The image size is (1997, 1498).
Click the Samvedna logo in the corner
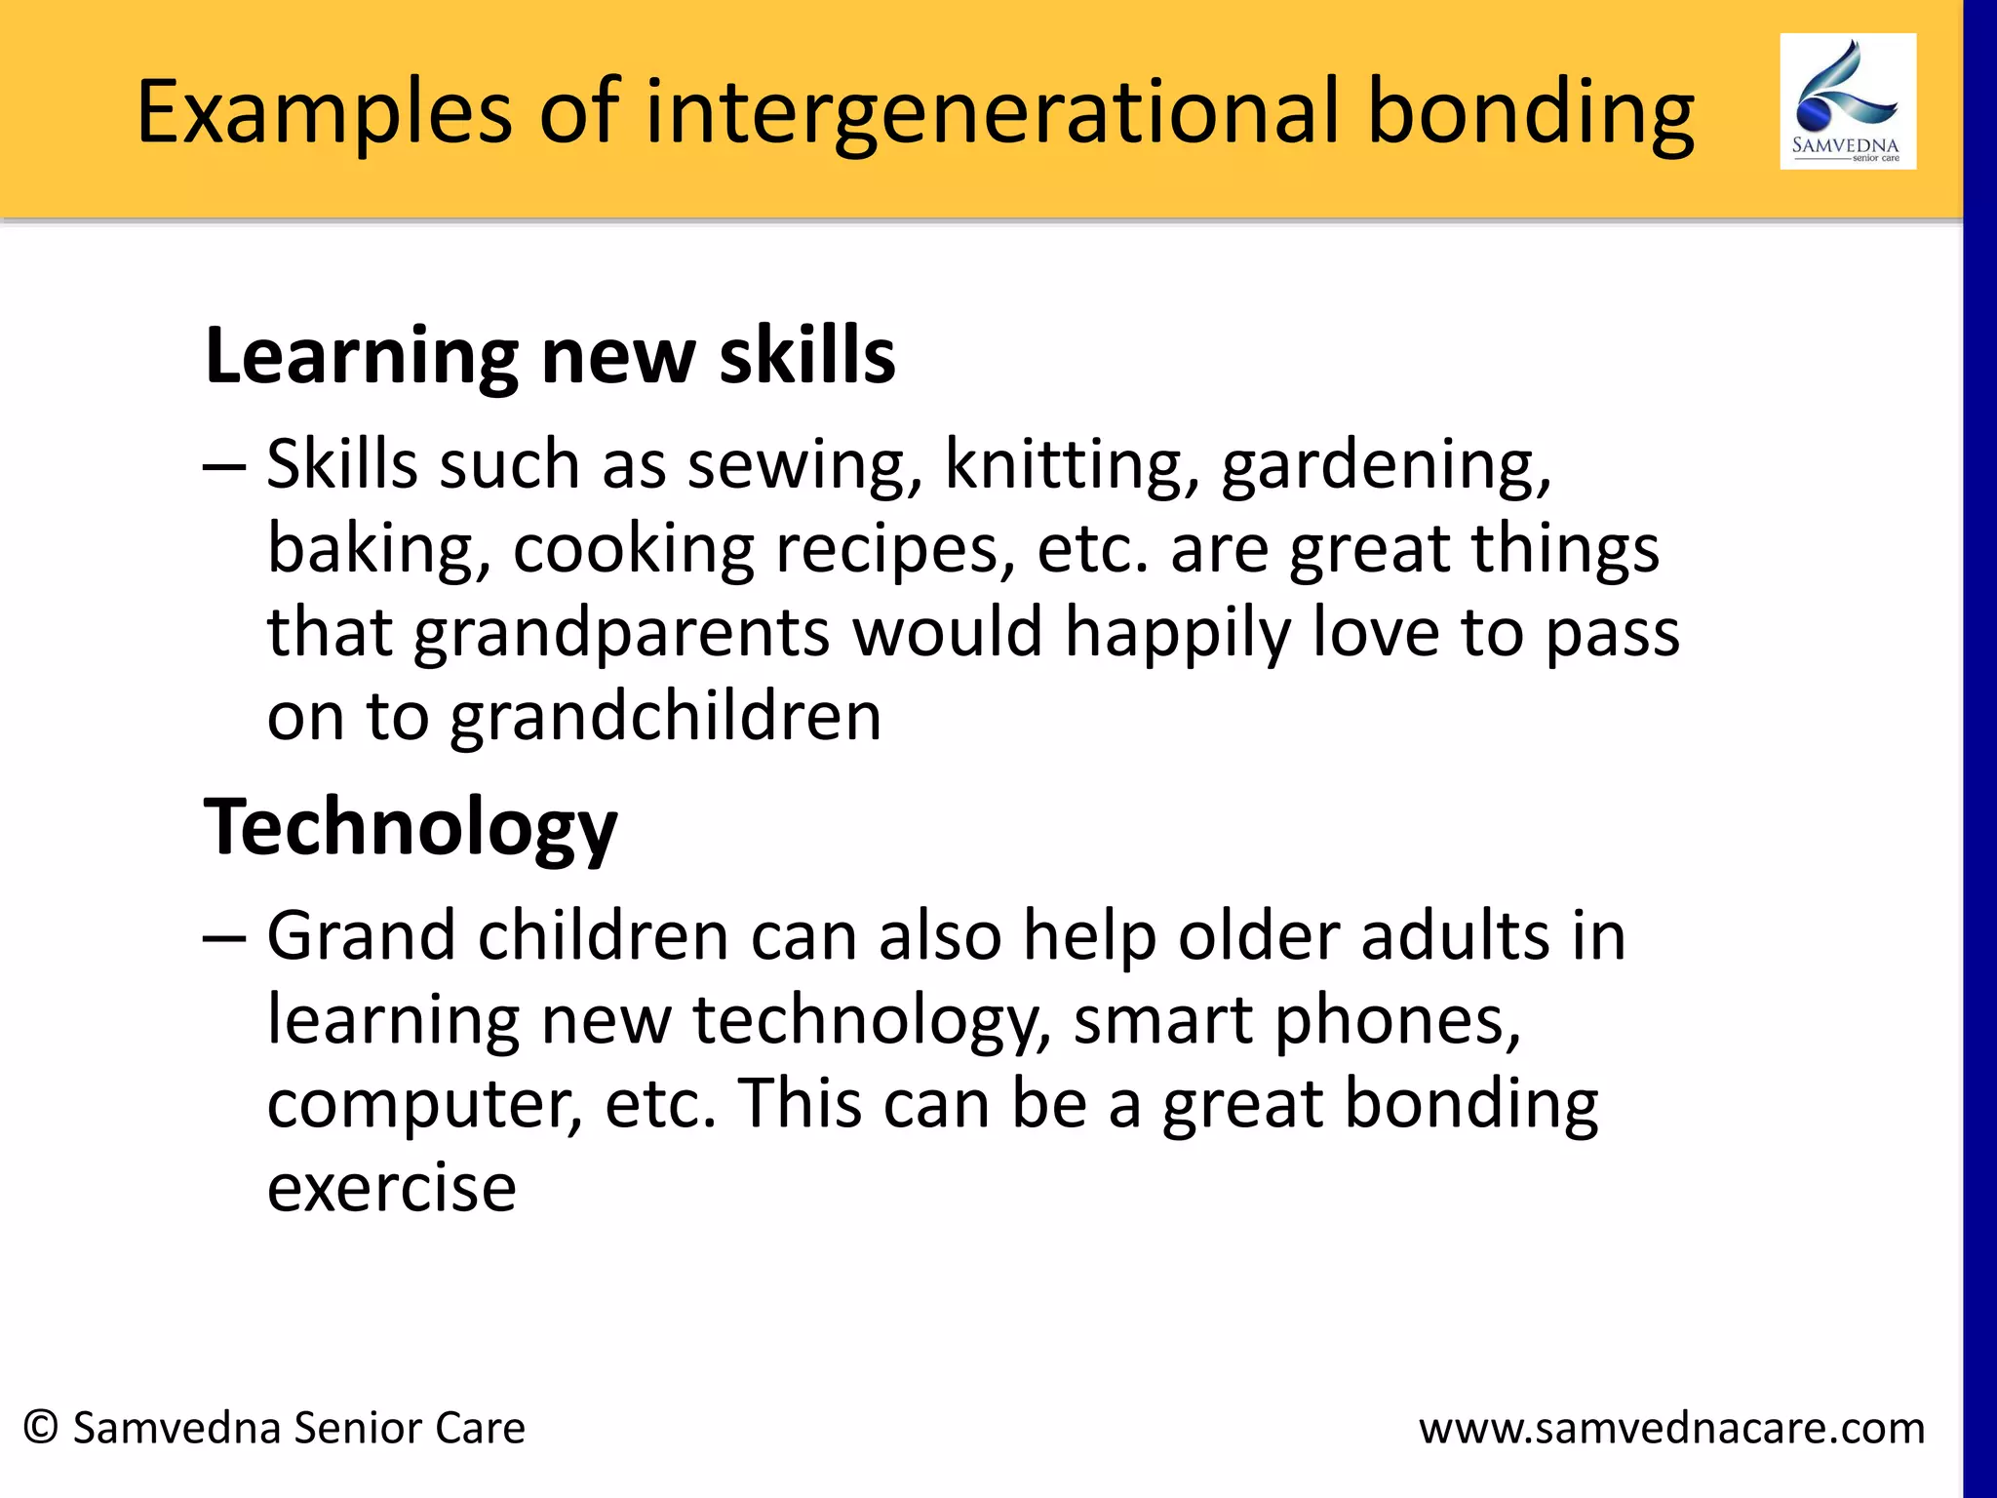pyautogui.click(x=1847, y=101)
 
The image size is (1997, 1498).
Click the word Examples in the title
pyautogui.click(x=324, y=113)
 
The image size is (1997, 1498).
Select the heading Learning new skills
pyautogui.click(x=549, y=356)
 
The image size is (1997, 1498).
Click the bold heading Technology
pyautogui.click(x=410, y=827)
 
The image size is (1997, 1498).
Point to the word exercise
pyautogui.click(x=391, y=1188)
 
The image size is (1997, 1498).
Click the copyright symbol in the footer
pyautogui.click(x=41, y=1427)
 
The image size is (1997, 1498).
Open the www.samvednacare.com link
pyautogui.click(x=1671, y=1428)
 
